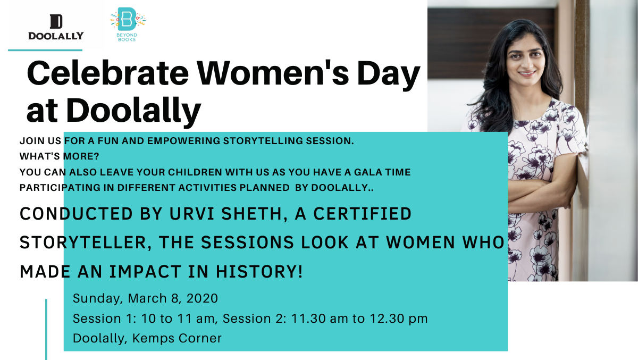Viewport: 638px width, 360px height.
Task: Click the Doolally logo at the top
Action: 56,27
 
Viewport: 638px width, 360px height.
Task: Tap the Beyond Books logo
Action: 128,24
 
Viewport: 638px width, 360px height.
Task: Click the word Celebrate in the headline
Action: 107,73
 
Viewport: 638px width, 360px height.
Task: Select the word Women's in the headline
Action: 273,73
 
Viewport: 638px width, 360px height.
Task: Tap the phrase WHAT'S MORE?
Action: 59,156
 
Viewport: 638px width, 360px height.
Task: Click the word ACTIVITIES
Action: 207,188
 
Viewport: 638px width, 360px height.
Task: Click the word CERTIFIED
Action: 363,214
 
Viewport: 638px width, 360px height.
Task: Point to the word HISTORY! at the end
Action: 259,271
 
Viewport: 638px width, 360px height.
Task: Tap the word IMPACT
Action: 145,271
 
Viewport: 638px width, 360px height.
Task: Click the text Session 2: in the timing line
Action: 254,319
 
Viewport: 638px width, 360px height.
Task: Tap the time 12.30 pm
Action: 398,319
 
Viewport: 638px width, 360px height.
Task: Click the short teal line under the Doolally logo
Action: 45,50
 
